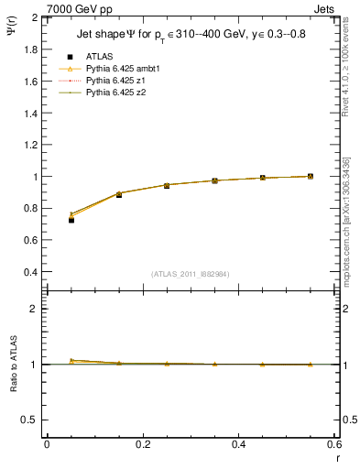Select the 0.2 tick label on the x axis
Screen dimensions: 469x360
142,444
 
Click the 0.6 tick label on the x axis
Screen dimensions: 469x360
333,444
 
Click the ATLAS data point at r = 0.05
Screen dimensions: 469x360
71,220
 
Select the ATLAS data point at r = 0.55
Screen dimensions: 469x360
311,176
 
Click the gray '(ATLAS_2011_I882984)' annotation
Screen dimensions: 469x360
190,274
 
